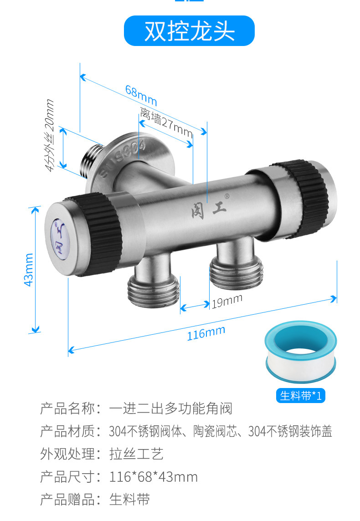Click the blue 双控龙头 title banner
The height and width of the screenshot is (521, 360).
click(189, 31)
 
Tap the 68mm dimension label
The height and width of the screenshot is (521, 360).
click(141, 95)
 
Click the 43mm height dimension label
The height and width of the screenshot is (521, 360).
click(28, 270)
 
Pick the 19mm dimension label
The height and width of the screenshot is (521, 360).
click(226, 301)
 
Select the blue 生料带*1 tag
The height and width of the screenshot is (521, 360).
click(300, 395)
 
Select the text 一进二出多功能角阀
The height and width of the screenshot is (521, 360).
click(171, 409)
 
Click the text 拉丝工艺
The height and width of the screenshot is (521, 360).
click(136, 454)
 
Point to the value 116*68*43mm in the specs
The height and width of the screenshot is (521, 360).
click(154, 477)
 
